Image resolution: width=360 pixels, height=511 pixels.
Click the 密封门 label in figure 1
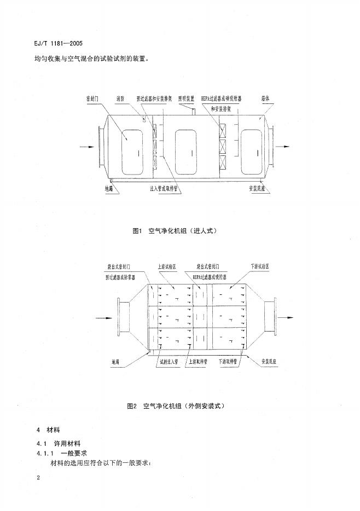pos(92,98)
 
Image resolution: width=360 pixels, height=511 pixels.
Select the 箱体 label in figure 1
pos(263,98)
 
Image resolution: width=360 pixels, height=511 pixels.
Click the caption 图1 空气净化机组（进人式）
pos(179,230)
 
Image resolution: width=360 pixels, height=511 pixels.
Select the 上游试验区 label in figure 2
pos(166,267)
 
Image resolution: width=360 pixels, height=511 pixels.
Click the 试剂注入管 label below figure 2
pos(168,362)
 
